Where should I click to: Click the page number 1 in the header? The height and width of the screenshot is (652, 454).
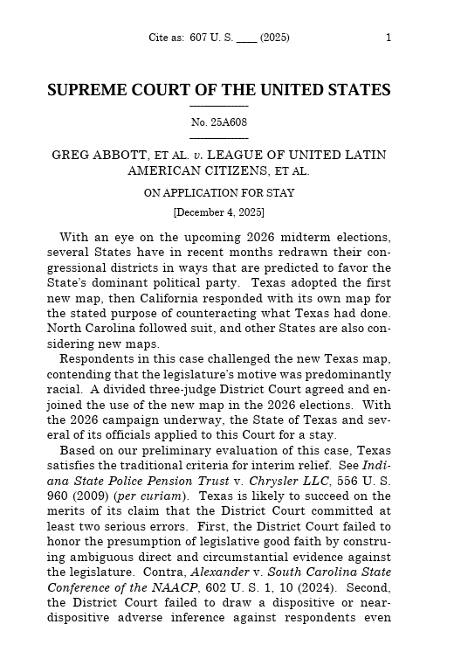click(388, 38)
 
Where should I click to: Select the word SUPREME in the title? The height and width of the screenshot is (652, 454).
click(86, 91)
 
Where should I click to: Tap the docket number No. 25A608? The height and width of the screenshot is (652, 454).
click(218, 122)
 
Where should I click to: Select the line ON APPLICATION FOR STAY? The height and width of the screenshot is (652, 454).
click(218, 193)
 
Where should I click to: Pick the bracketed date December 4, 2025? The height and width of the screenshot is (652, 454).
click(218, 212)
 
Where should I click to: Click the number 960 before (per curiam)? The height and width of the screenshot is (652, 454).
click(58, 496)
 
